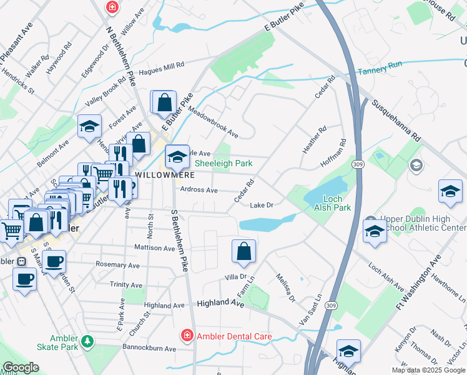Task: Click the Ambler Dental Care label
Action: tap(234, 336)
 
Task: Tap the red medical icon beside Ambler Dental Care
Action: tap(187, 336)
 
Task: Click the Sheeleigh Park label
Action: tap(224, 163)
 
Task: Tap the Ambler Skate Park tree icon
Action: tap(89, 341)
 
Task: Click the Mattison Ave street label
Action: tap(155, 248)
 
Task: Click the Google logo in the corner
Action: tap(20, 368)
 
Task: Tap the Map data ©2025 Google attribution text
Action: tap(427, 370)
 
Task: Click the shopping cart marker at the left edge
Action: tap(11, 230)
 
